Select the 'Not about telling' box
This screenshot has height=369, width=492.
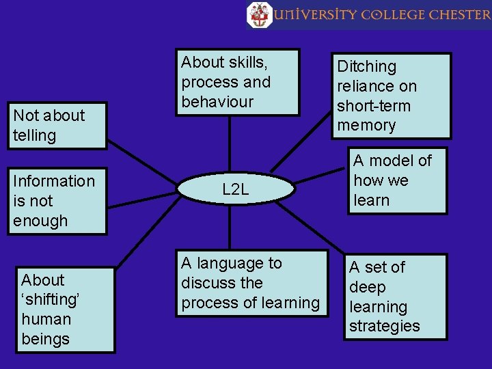click(57, 126)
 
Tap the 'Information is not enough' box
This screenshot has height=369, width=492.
click(57, 201)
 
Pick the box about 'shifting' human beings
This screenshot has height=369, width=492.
click(66, 310)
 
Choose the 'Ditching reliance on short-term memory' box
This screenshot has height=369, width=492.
click(392, 96)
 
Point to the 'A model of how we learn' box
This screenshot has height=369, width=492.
click(397, 180)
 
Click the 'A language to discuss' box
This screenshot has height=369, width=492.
click(250, 283)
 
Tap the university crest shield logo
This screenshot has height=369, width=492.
click(259, 14)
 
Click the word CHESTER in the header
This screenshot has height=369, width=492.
click(459, 14)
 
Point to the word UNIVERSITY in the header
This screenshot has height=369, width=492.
click(314, 14)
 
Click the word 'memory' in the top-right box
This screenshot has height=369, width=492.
click(366, 126)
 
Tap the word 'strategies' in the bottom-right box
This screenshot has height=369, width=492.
click(384, 327)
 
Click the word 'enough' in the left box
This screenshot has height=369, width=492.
click(40, 221)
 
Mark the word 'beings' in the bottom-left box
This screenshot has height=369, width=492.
click(45, 339)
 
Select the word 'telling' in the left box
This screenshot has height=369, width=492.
click(34, 135)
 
